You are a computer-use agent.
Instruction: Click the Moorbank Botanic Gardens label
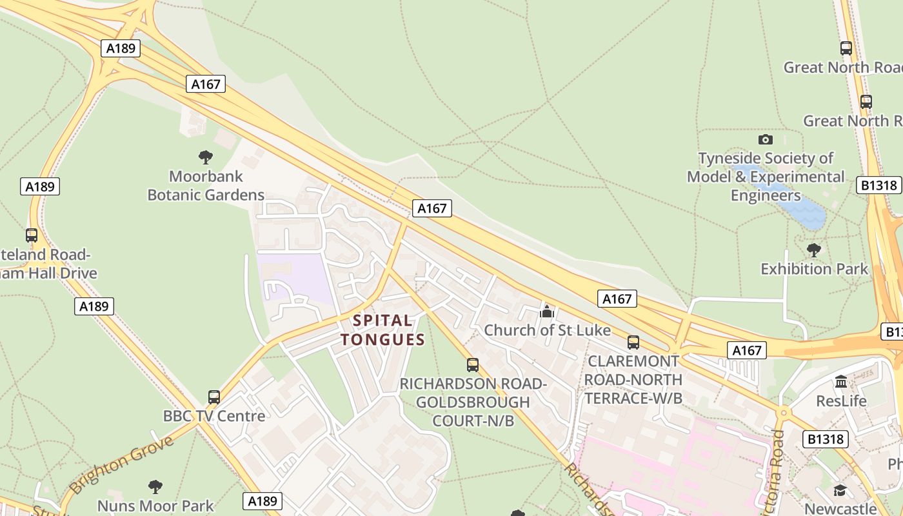point(206,185)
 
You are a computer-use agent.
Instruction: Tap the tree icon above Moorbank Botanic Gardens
point(206,157)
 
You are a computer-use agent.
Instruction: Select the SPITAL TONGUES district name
point(383,330)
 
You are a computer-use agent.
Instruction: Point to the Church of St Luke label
point(547,330)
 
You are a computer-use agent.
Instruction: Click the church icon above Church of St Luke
point(547,312)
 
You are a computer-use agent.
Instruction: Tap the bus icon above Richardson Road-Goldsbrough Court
point(473,365)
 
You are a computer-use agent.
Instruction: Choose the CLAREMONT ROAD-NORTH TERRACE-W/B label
point(633,379)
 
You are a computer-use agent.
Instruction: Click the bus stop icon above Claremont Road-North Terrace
point(633,342)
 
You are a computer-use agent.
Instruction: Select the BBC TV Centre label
point(214,416)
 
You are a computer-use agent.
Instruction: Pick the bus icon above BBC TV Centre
point(214,397)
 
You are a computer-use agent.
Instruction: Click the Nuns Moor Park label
point(155,505)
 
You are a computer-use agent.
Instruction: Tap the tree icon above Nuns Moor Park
point(155,486)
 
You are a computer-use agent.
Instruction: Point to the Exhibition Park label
point(815,268)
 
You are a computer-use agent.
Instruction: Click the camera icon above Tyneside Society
point(766,139)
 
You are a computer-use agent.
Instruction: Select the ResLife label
point(841,401)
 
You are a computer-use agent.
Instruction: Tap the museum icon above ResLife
point(841,382)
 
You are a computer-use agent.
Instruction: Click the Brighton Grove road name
point(121,464)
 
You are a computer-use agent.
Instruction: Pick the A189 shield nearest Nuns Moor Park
point(263,501)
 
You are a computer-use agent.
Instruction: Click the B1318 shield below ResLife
point(825,440)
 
